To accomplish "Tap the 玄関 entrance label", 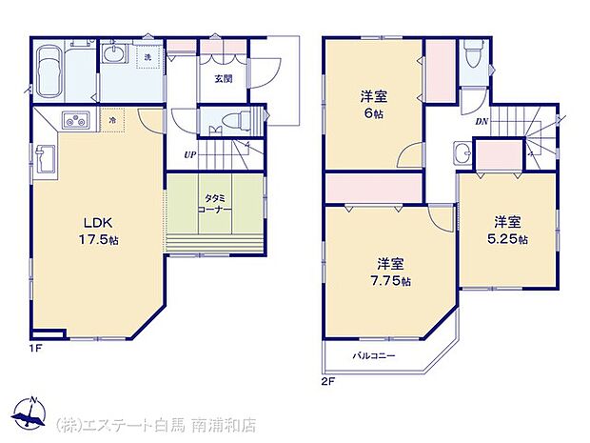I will pyautogui.click(x=223, y=79).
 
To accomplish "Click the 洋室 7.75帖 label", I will pyautogui.click(x=392, y=272).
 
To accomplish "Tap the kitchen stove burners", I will pyautogui.click(x=76, y=121).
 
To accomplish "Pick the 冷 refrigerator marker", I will pyautogui.click(x=113, y=121).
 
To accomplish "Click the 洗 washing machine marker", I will pyautogui.click(x=147, y=58).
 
